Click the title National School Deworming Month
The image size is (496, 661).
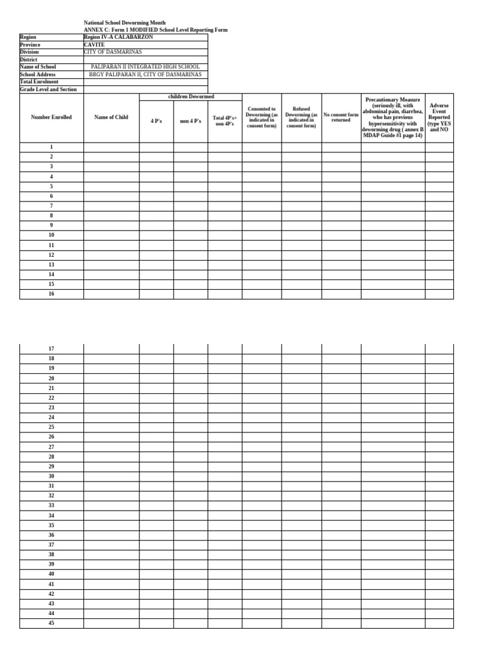(125, 23)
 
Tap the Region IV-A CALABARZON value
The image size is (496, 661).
(119, 37)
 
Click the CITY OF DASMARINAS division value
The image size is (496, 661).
(113, 52)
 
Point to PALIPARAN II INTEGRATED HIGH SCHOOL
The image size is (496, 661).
(145, 66)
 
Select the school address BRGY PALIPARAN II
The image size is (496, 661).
(145, 74)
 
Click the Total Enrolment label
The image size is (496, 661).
(39, 82)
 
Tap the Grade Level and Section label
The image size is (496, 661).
(48, 90)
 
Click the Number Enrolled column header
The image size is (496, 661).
(51, 117)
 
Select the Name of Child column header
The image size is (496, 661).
(111, 117)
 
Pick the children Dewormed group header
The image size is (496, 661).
(191, 97)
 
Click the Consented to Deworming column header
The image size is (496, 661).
(262, 117)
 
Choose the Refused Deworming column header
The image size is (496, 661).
(301, 117)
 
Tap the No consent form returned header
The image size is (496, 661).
(341, 117)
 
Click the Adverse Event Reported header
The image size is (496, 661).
(439, 117)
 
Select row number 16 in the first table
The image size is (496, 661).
(51, 294)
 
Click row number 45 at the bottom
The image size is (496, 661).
(51, 623)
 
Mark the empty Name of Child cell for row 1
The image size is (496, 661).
(111, 147)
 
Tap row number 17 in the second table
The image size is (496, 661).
(51, 349)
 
